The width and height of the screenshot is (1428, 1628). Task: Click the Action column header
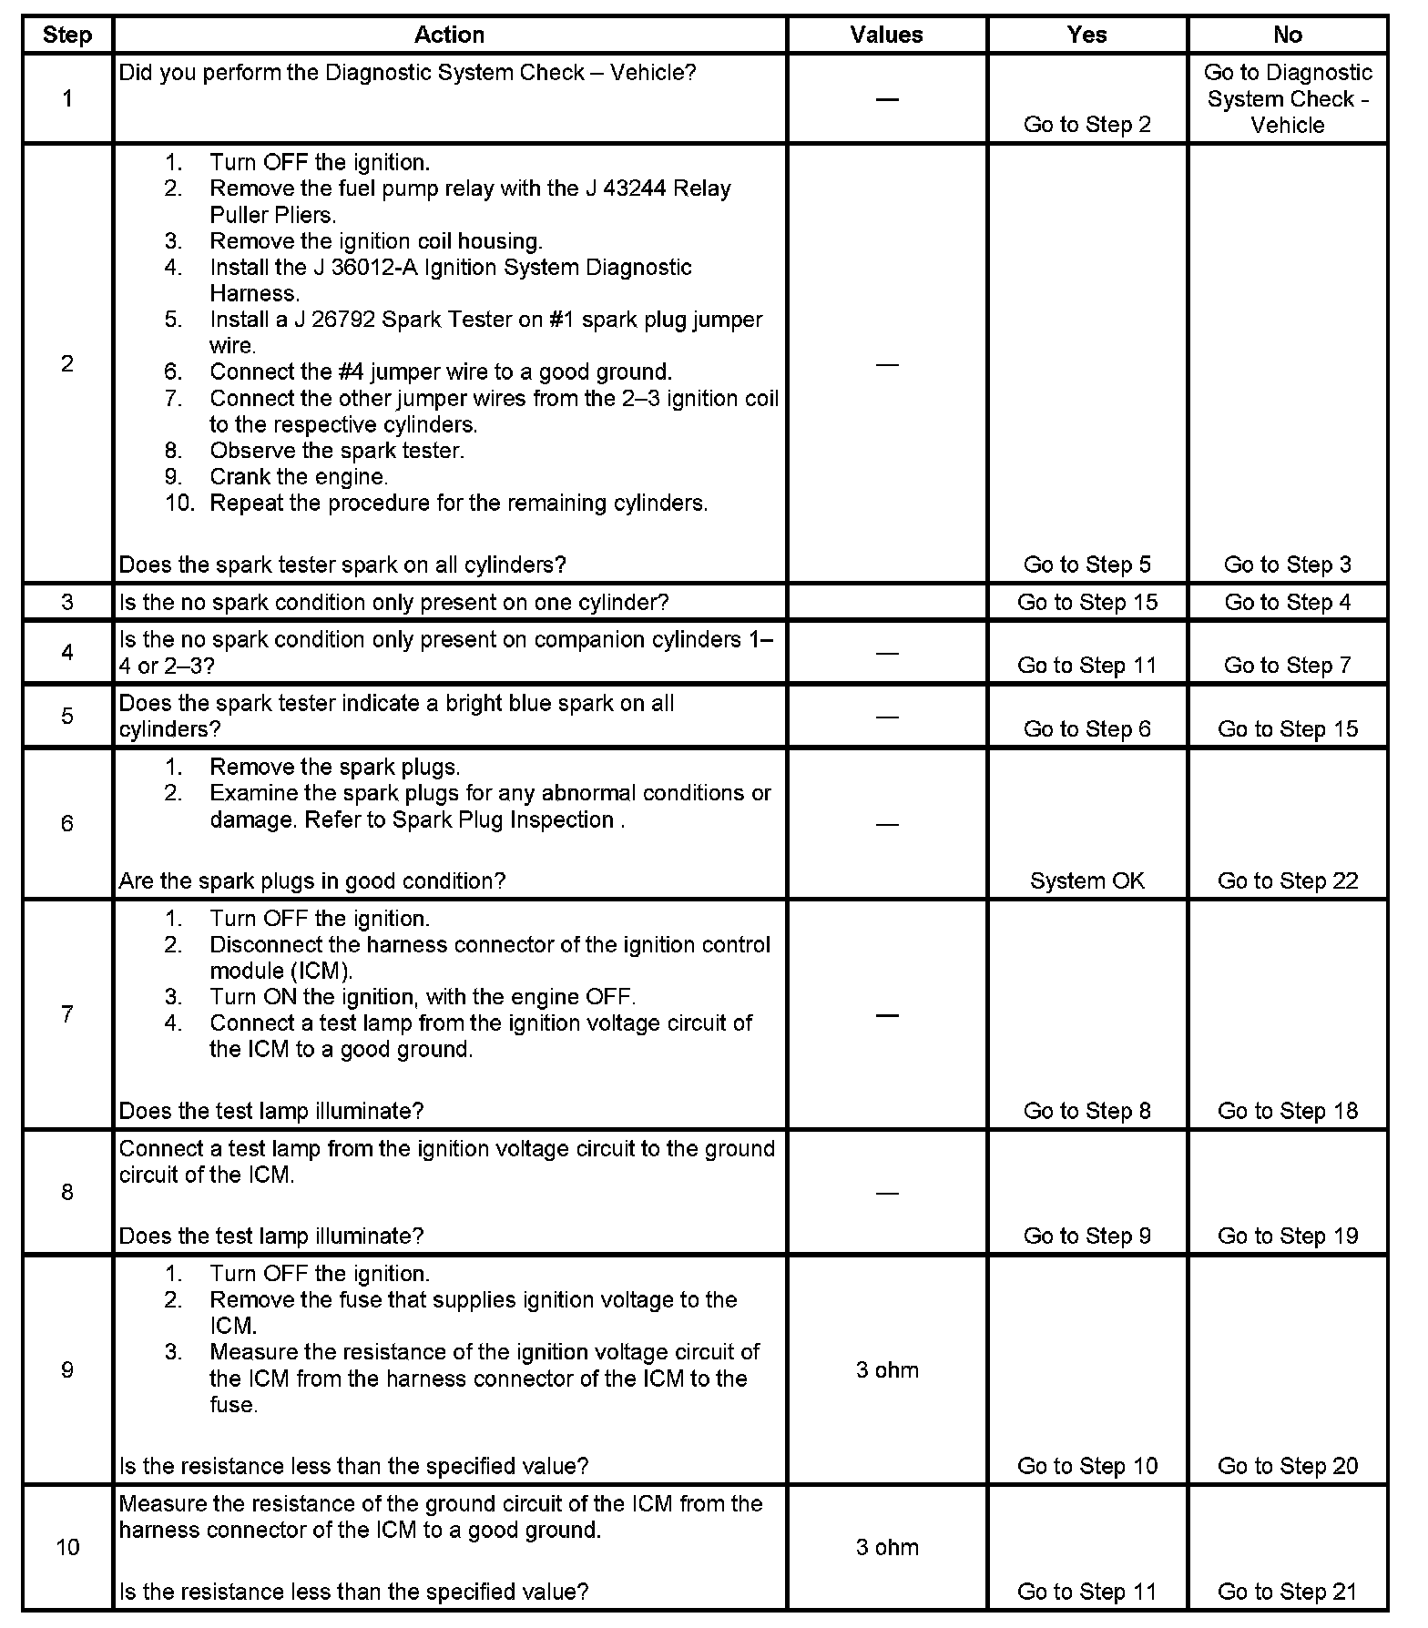click(x=449, y=35)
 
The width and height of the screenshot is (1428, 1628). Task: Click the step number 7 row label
click(x=67, y=1014)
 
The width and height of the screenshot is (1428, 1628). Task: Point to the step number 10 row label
click(x=67, y=1547)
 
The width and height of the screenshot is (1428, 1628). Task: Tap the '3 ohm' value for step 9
click(x=887, y=1370)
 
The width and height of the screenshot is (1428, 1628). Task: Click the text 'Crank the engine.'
click(x=299, y=477)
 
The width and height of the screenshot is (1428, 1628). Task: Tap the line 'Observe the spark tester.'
click(x=336, y=451)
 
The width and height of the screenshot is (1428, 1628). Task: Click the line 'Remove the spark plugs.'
click(x=334, y=767)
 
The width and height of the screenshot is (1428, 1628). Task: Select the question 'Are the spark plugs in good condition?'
click(x=312, y=880)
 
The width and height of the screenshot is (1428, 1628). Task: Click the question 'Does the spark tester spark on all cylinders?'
click(x=342, y=565)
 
